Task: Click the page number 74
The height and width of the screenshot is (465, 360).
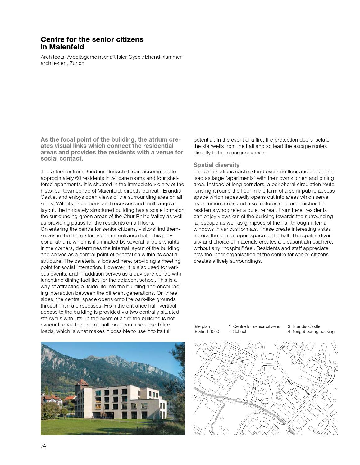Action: tap(43, 446)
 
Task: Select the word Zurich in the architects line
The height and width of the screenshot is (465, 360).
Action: tap(77, 63)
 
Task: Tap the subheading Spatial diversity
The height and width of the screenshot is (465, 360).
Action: tap(216, 165)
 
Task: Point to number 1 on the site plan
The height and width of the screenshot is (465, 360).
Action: tap(263, 392)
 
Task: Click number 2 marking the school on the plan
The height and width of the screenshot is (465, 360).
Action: tap(212, 376)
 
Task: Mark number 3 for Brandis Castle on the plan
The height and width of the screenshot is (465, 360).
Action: tap(312, 372)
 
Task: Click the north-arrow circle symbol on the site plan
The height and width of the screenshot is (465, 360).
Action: tap(226, 432)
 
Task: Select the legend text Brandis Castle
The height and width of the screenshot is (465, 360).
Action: tap(306, 326)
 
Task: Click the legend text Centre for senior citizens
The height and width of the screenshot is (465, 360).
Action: tap(256, 326)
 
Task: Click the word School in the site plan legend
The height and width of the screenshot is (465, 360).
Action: tap(239, 331)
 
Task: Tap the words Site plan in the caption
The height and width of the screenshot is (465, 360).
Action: tap(202, 326)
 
